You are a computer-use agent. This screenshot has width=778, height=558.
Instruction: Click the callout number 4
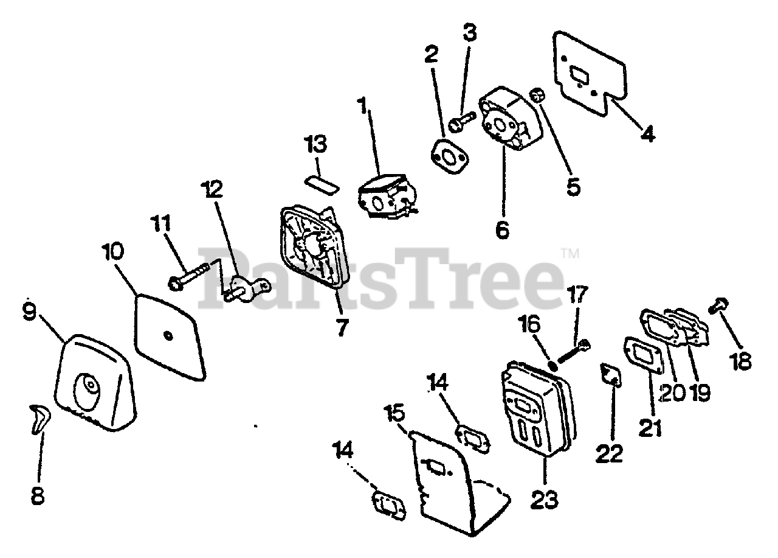click(649, 133)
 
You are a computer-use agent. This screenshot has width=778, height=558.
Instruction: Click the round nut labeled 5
click(537, 96)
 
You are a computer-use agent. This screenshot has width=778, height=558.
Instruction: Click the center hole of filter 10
click(168, 333)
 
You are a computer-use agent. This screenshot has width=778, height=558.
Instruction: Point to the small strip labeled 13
click(322, 185)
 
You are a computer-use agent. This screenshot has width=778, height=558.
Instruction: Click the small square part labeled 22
click(610, 375)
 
